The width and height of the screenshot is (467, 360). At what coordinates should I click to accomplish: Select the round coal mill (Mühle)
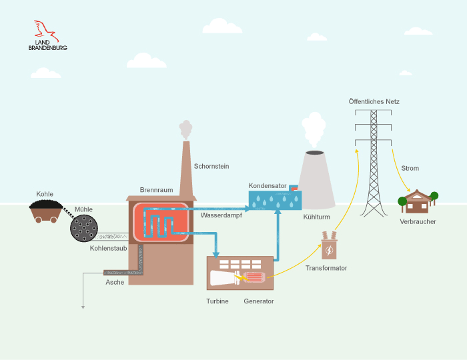click(x=84, y=228)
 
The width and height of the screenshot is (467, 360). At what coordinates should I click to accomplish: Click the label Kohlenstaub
click(x=108, y=248)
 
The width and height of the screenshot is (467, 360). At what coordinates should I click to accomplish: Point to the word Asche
click(x=115, y=282)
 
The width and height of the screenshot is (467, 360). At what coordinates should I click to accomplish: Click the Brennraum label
click(x=156, y=190)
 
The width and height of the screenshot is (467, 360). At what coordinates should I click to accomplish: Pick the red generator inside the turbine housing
click(x=254, y=278)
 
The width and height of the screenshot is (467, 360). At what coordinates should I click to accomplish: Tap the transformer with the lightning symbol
click(x=329, y=247)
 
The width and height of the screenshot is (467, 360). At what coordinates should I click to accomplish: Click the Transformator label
click(x=326, y=268)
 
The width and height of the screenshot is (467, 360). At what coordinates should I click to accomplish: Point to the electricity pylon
click(x=373, y=167)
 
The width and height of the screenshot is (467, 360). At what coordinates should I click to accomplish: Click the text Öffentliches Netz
click(x=374, y=101)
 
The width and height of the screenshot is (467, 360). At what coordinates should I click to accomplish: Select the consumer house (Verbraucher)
click(x=418, y=201)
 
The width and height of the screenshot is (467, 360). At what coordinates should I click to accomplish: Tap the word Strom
click(x=410, y=169)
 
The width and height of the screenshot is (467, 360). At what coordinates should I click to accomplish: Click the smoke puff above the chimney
click(x=185, y=129)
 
